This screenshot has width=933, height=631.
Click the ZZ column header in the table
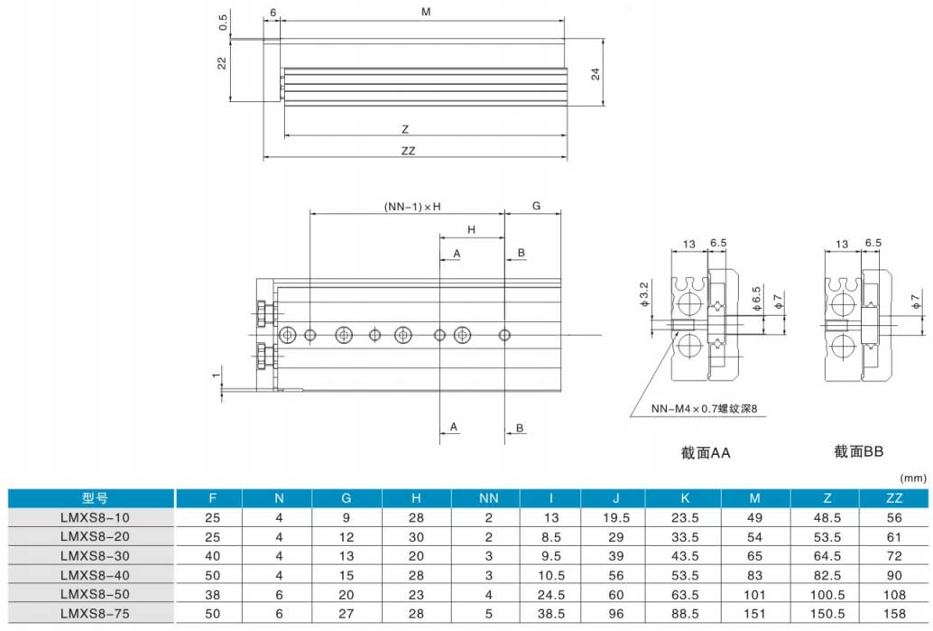coord(893,498)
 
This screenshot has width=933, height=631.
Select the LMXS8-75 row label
coord(95,614)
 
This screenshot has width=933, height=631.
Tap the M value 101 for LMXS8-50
coord(754,595)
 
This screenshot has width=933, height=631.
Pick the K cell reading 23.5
coord(685,518)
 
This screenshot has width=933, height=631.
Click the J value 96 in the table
coord(616,614)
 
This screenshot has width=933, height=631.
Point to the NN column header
coord(488,498)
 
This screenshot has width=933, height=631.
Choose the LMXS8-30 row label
coord(95,556)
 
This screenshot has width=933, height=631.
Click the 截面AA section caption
coord(705,453)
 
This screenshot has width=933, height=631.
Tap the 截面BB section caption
coord(858,452)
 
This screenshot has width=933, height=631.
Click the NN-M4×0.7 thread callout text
coord(705,409)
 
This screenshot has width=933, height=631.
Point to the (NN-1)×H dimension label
coord(412,207)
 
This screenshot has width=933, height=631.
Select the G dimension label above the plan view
coord(536,206)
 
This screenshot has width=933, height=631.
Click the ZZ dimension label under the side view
coord(408,151)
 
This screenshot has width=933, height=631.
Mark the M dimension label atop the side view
coord(426,12)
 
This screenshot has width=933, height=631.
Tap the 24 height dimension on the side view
coord(596,74)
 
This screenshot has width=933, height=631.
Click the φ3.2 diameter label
coord(644,295)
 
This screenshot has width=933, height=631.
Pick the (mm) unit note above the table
coord(913,478)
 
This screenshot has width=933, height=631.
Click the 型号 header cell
coord(95,498)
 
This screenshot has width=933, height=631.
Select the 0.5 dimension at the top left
coord(223,23)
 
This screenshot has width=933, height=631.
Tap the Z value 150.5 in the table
coord(827,614)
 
